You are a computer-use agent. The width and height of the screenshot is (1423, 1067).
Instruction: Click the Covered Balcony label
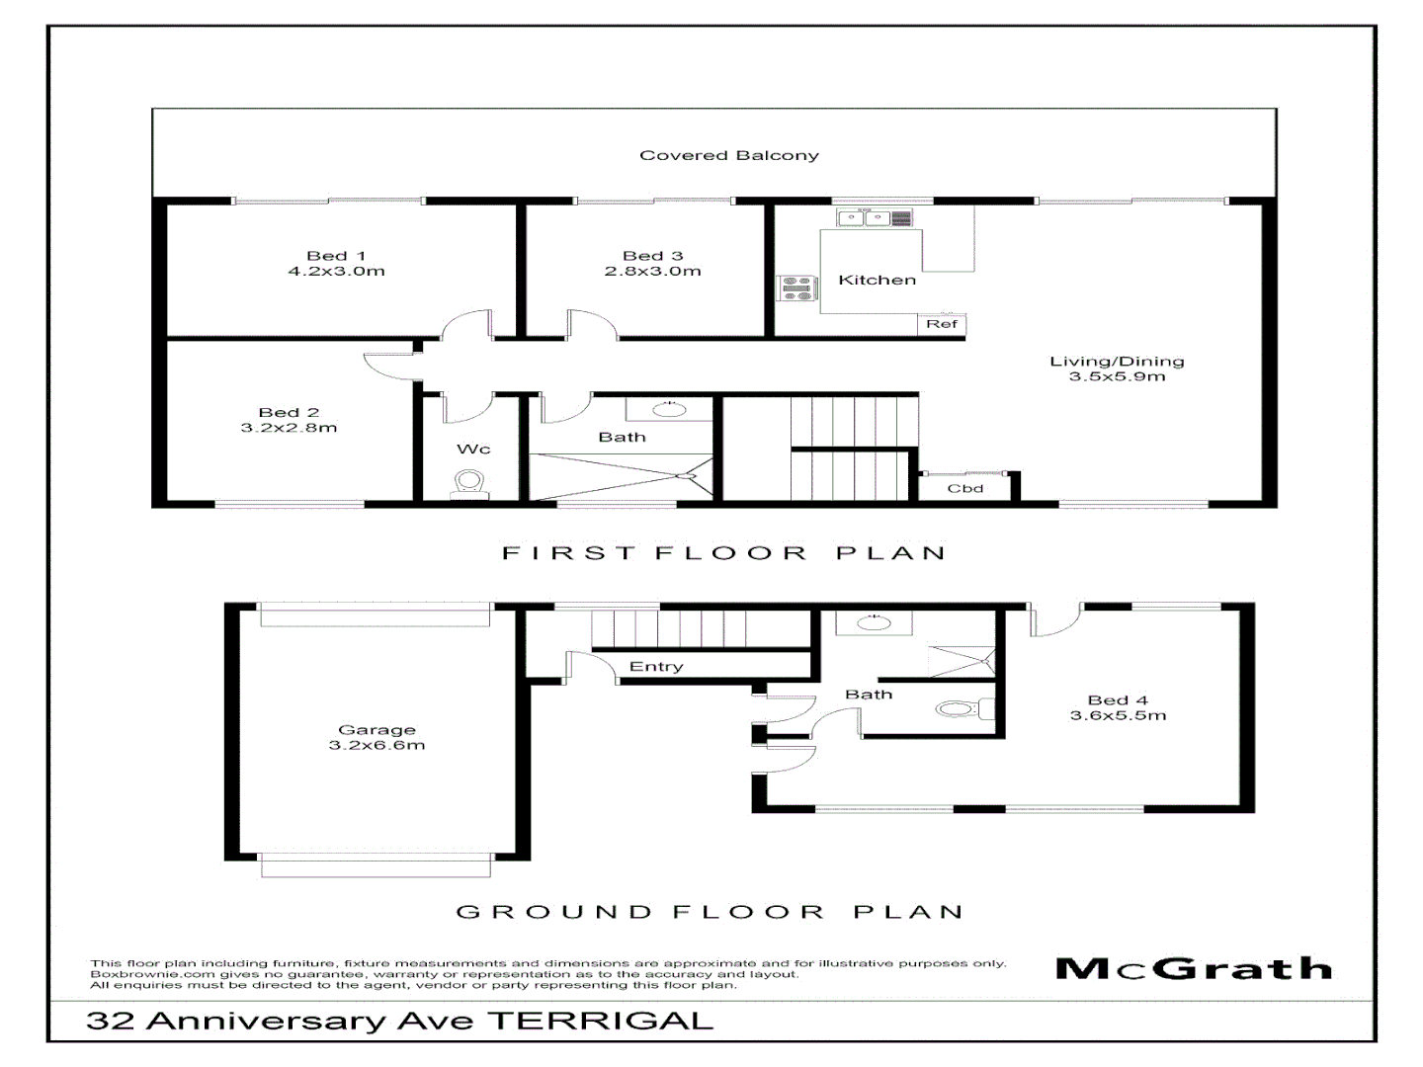pos(728,155)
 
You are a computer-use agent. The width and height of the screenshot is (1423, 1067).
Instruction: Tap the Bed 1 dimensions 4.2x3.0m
pos(336,272)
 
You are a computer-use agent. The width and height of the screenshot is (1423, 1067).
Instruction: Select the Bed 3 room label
pos(652,256)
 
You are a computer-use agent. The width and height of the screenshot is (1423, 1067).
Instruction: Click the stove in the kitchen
pos(797,287)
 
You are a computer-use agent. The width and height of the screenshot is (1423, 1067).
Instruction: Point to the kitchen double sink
pos(864,217)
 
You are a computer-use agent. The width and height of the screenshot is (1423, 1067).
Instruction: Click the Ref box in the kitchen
pos(941,324)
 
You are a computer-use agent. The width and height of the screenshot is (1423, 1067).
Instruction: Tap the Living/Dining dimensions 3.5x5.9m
pos(1117,376)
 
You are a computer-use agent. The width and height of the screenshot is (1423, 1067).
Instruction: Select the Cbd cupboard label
pos(964,488)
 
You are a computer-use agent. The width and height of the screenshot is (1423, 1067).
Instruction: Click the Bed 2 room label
pos(289,412)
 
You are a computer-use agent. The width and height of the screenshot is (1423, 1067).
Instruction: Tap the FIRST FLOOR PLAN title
pos(723,553)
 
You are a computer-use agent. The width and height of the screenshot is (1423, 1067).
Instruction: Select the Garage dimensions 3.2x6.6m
pos(377,746)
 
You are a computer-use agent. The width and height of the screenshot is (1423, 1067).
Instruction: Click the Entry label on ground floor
pos(656,667)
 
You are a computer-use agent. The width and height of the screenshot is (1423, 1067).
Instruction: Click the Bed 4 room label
pos(1118,699)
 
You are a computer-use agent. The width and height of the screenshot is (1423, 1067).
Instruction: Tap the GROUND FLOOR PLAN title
pos(710,912)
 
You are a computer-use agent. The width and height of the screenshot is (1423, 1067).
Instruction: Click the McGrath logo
pos(1194,968)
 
